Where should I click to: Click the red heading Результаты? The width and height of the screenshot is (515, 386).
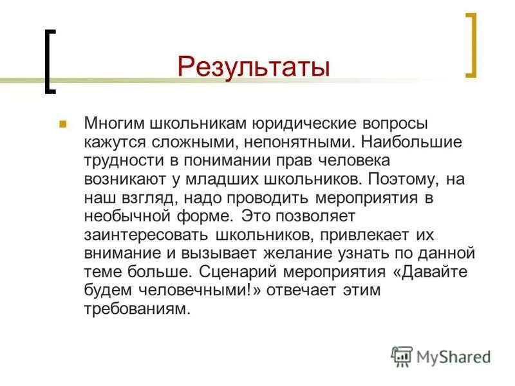coord(254,67)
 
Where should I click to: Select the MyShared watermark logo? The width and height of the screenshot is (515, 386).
coord(441,356)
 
